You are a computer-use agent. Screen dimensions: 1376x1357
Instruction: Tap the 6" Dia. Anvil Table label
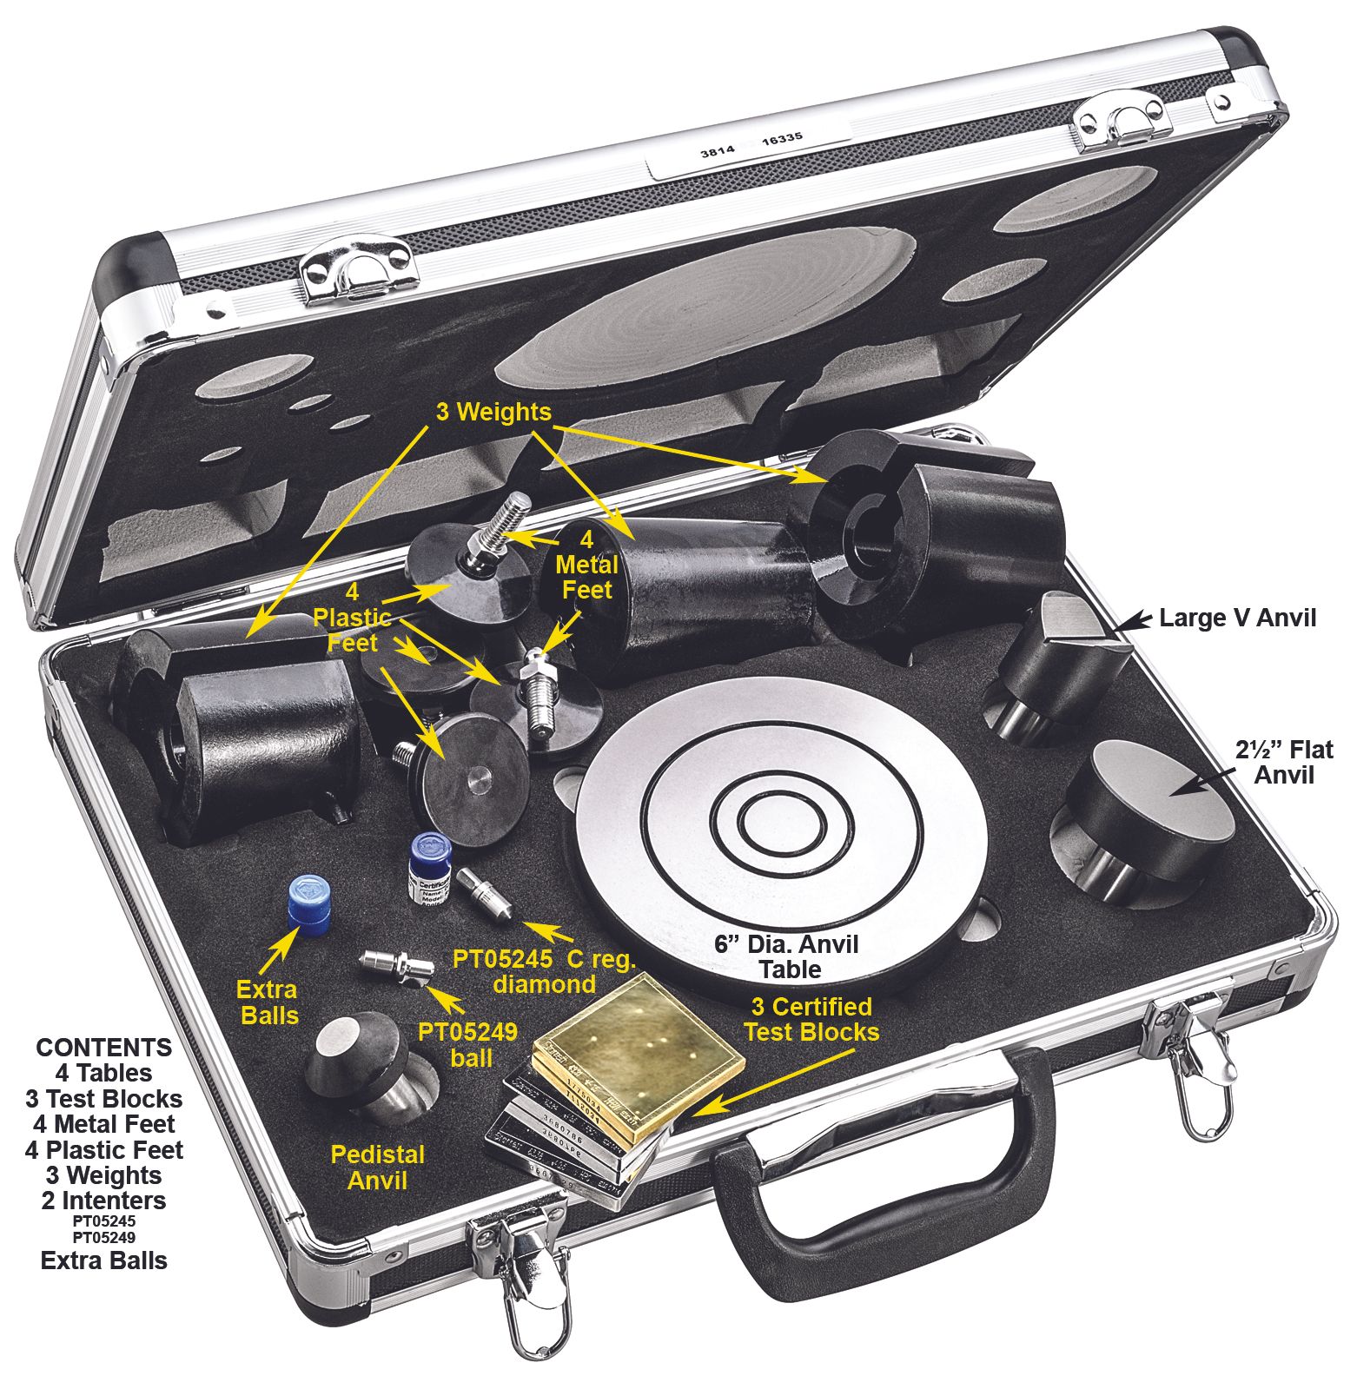click(x=786, y=956)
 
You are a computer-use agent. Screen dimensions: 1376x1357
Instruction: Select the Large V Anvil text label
click(x=1237, y=618)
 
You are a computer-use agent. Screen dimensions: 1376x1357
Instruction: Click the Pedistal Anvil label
click(x=377, y=1167)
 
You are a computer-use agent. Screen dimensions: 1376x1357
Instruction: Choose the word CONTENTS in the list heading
click(x=104, y=1047)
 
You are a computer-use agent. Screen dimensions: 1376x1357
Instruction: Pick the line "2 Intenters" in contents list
click(x=103, y=1201)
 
